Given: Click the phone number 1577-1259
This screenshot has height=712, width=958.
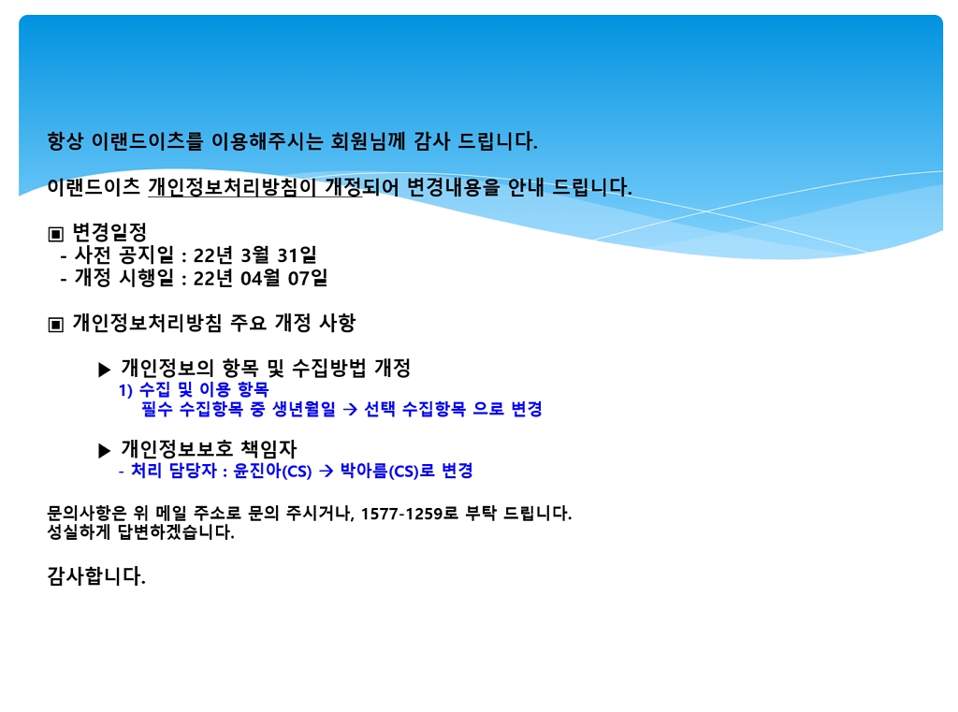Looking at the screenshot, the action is [x=401, y=514].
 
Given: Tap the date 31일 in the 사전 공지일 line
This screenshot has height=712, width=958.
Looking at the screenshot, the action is [x=297, y=254].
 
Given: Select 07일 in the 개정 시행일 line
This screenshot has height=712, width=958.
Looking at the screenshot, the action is [x=308, y=278].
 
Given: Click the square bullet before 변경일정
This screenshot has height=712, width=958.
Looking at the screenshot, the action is [x=55, y=234].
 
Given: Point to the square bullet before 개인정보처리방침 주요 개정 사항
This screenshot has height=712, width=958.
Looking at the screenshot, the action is [x=55, y=325].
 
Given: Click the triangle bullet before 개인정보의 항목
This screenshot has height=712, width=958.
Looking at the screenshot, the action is [x=105, y=370].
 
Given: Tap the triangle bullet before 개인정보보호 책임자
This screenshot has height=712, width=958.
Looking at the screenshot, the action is [x=105, y=451].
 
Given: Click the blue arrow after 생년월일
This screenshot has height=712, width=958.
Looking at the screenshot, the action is [x=350, y=410].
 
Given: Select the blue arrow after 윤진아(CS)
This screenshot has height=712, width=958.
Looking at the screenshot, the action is [x=327, y=472].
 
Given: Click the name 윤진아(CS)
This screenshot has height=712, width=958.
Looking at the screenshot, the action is [x=272, y=472].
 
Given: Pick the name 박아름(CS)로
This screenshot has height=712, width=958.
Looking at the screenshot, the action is [x=387, y=472].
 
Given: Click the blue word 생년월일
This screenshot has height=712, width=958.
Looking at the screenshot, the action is [x=304, y=409].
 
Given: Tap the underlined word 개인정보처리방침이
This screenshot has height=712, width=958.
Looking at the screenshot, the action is [x=232, y=186].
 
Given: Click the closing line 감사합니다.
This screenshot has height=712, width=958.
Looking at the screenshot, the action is [x=96, y=576].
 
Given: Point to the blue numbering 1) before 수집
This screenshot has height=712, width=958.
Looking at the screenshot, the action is [x=125, y=390].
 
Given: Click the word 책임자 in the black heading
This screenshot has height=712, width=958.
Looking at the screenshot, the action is [x=269, y=449].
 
